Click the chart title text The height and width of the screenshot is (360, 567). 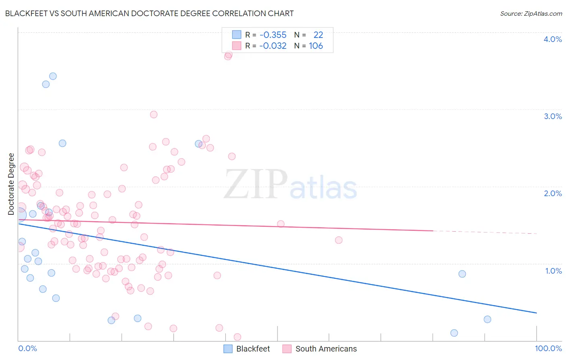click(149, 13)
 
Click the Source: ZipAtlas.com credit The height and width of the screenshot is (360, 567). click(531, 14)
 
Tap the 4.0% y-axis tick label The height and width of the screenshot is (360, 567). click(552, 39)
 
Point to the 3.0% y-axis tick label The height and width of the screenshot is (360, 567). click(552, 116)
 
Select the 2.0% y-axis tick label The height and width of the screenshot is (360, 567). click(552, 193)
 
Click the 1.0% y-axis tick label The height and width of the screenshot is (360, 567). click(553, 271)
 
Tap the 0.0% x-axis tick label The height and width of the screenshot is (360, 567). click(27, 348)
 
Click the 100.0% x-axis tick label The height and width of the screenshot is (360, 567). click(548, 348)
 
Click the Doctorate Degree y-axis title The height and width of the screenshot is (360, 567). click(11, 184)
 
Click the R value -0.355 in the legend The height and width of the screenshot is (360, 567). click(273, 35)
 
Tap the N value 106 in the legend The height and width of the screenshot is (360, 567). click(316, 46)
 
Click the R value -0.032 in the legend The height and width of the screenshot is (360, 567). click(273, 46)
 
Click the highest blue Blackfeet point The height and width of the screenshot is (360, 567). click(53, 76)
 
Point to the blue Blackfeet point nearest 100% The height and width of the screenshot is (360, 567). click(487, 319)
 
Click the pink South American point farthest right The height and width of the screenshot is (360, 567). click(339, 240)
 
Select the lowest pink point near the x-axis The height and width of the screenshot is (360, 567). click(237, 337)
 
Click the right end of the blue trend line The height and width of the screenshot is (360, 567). click(536, 313)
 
